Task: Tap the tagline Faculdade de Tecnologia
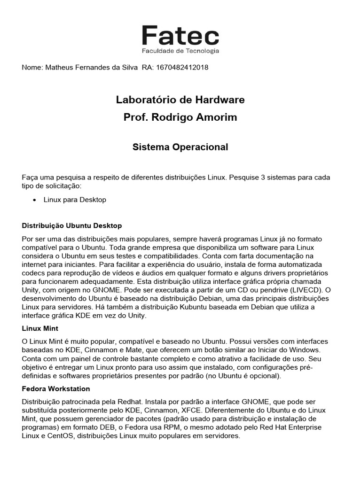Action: [x=180, y=51]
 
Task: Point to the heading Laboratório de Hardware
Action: [x=180, y=100]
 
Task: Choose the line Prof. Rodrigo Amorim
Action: [x=180, y=117]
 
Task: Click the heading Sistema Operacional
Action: [x=180, y=147]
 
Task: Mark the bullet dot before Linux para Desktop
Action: [x=35, y=200]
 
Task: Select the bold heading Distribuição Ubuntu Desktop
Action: [x=72, y=225]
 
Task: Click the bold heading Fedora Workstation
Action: [x=56, y=389]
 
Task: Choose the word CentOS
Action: [x=60, y=435]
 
